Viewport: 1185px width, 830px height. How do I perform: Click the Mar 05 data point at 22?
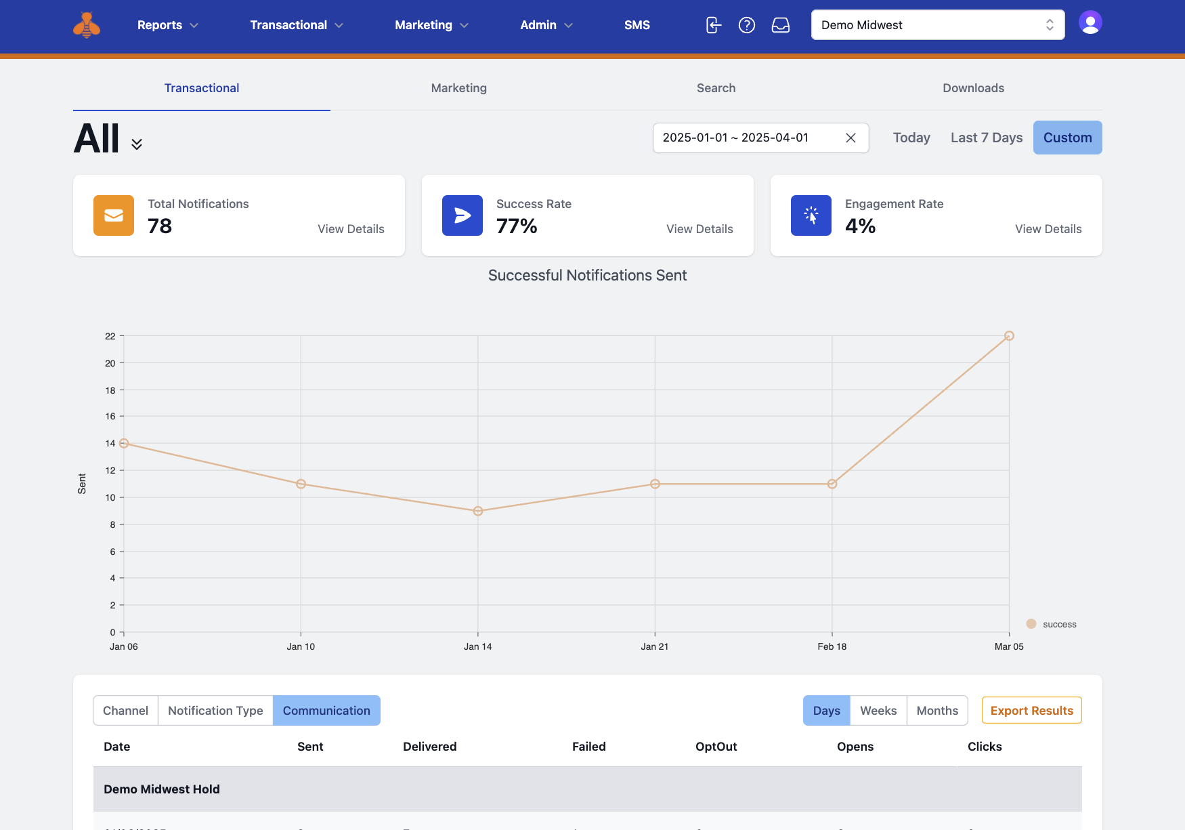coord(1009,336)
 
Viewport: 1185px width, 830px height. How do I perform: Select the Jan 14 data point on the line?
coord(478,511)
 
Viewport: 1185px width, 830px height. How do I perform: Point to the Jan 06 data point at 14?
coord(124,443)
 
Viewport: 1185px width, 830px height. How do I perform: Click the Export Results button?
coord(1031,710)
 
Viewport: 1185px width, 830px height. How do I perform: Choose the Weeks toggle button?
coord(878,710)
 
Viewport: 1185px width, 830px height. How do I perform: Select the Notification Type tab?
coord(215,710)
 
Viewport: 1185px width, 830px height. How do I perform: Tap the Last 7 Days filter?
coord(986,138)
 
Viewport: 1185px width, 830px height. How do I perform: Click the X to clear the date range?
coord(851,138)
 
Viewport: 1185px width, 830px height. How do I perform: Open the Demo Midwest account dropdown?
coord(937,25)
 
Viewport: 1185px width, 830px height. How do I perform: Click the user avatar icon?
coord(1090,23)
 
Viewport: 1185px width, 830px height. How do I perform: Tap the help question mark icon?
coord(747,25)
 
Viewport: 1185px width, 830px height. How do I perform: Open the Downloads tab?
coord(973,88)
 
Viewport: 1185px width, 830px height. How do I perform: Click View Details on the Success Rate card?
coord(699,229)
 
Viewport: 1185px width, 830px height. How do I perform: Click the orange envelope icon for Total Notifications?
coord(114,215)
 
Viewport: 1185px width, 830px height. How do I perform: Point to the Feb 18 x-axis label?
coord(832,646)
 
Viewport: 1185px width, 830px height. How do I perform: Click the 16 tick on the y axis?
coord(110,416)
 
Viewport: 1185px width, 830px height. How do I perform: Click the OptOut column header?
coord(716,747)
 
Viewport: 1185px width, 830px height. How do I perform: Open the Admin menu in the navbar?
coord(546,25)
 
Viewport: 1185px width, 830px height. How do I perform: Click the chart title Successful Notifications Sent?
coord(587,275)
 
